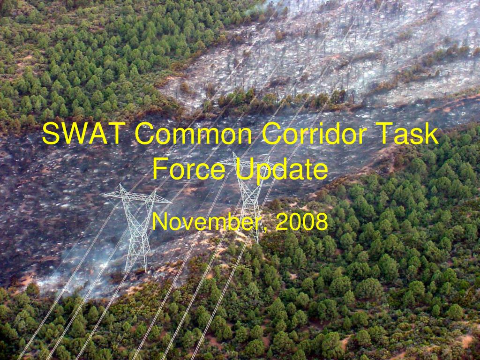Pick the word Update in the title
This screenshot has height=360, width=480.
(281, 170)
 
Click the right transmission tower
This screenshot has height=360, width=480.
(248, 197)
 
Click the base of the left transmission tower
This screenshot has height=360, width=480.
(136, 267)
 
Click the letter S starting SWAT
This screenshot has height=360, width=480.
(50, 134)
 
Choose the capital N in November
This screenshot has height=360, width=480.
(160, 222)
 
